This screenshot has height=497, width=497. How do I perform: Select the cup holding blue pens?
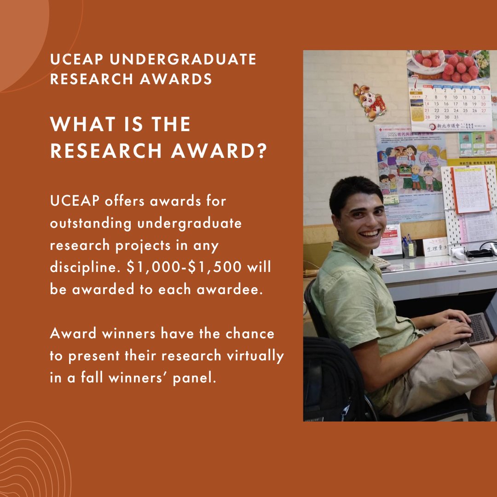coord(408,248)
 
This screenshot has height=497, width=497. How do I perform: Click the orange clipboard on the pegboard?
coord(470,189)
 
